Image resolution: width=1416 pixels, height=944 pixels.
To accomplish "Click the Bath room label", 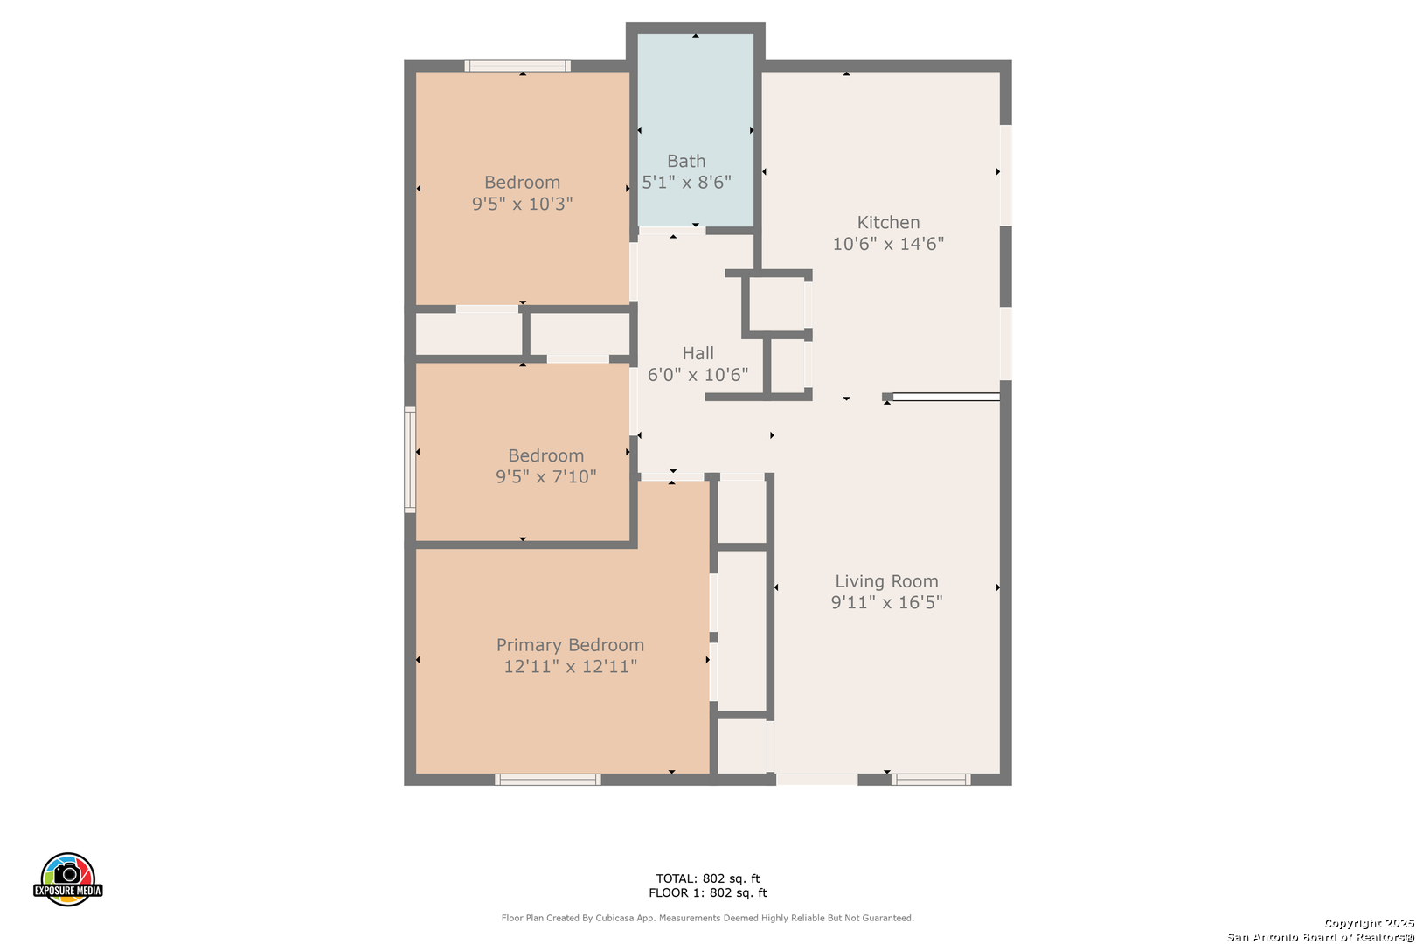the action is (686, 161).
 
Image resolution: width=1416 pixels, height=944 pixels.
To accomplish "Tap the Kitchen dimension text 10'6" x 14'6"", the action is (888, 244).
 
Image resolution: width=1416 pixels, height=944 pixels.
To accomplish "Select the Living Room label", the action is (886, 581).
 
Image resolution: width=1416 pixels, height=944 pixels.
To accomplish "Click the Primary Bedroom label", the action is (570, 645).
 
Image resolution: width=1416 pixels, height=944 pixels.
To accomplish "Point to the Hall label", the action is (698, 353).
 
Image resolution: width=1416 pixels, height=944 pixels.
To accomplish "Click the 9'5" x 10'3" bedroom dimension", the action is (522, 204).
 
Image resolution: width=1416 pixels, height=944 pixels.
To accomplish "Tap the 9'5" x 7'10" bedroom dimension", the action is (546, 476).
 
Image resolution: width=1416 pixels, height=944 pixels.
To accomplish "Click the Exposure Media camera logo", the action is (67, 878).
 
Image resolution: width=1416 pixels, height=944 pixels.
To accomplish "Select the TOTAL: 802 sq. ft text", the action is (707, 878).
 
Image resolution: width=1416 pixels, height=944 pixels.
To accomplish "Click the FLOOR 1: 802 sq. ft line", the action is (707, 892).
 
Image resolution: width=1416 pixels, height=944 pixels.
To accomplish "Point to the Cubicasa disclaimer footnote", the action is (707, 918).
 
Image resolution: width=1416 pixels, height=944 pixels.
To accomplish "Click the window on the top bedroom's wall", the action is (517, 66).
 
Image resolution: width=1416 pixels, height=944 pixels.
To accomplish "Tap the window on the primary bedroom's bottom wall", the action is (547, 780).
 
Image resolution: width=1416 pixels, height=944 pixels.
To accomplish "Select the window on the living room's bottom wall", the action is (931, 780).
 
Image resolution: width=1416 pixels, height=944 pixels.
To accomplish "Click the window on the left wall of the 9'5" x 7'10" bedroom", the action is (410, 460).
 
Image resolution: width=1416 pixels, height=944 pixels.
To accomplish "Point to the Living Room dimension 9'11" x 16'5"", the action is (886, 602).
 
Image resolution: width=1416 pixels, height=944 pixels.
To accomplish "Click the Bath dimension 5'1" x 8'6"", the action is (686, 183).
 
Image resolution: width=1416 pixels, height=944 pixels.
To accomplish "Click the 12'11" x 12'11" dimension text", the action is (570, 666).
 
